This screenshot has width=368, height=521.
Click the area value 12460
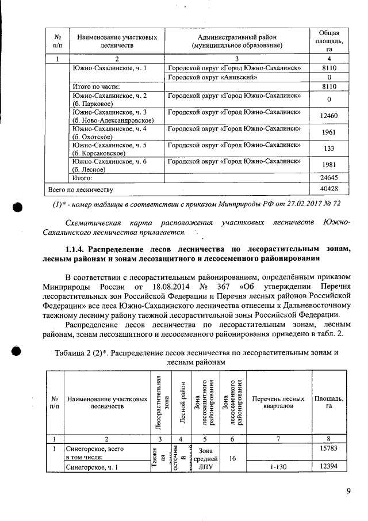pyautogui.click(x=328, y=116)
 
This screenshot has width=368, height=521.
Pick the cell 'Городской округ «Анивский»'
pyautogui.click(x=212, y=77)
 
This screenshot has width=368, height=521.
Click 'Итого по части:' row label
pyautogui.click(x=93, y=86)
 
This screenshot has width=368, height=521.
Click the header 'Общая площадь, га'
pyautogui.click(x=328, y=39)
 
